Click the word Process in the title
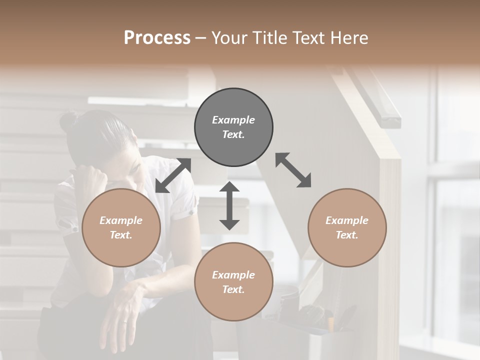157,38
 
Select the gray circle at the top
233,127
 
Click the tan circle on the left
121,227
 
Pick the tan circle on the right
347,227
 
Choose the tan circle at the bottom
233,282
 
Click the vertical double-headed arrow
229,205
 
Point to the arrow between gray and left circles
173,175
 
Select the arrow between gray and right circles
293,170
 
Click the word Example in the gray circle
233,120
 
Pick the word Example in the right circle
347,220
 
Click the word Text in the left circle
120,235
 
